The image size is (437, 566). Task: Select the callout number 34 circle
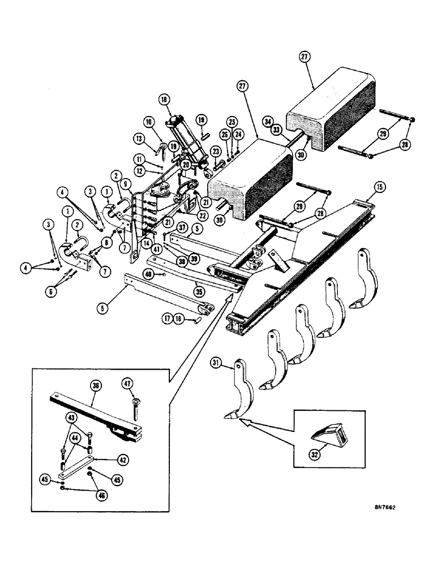click(x=268, y=121)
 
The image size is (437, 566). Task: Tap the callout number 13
click(x=139, y=139)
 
